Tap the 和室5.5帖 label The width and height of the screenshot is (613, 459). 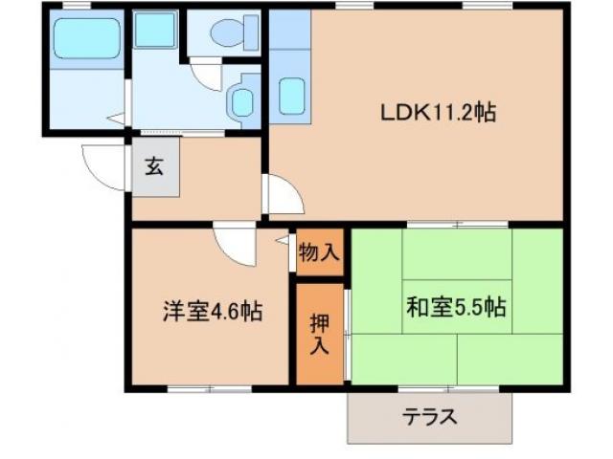[x=455, y=308]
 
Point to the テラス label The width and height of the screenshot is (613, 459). [x=429, y=417]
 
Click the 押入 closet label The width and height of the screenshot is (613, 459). [x=319, y=332]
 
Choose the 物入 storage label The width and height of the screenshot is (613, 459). [x=319, y=253]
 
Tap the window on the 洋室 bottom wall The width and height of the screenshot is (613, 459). [x=209, y=388]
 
